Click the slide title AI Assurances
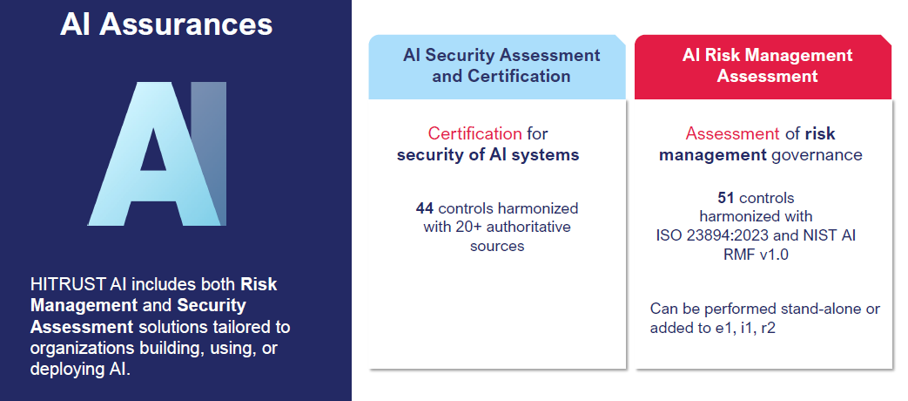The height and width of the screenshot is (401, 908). coord(166,25)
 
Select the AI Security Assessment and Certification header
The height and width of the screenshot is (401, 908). coord(497,66)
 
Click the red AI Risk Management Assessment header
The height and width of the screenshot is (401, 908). coord(763,66)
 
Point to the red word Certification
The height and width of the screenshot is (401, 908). coord(474,134)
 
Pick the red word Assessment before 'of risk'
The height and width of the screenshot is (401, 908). coord(732,134)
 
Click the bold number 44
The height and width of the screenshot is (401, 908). coord(425,208)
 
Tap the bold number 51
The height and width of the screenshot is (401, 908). coord(726,198)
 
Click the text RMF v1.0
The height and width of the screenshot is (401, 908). coord(756,255)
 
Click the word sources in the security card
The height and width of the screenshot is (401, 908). coord(497,247)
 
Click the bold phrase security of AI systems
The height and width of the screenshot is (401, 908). coord(488,155)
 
